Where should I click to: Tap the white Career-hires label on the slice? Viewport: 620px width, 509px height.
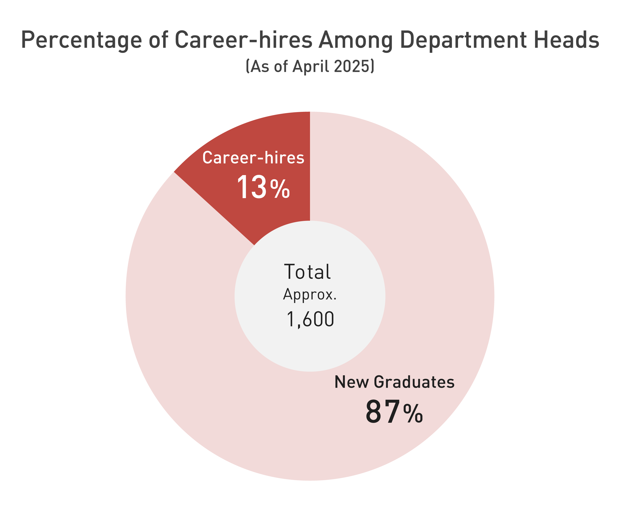pos(253,158)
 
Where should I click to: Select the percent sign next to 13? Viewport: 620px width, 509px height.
pos(280,189)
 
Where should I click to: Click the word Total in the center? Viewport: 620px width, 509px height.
pos(307,272)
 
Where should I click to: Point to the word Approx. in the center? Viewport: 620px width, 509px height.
pos(310,294)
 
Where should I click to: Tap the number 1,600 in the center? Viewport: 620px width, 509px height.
pos(310,319)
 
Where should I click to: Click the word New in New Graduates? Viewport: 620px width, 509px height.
pos(352,382)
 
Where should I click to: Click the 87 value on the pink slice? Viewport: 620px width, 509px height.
pos(382,412)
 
